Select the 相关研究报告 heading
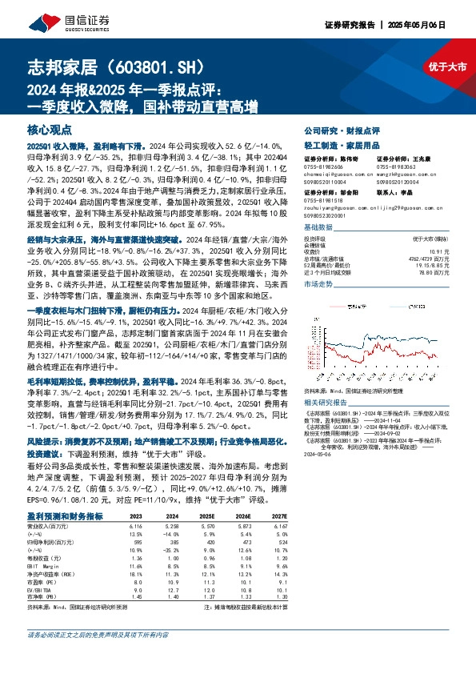click(326, 405)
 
